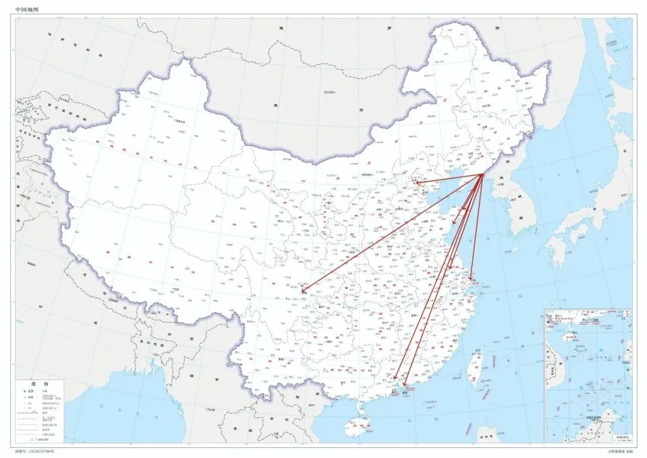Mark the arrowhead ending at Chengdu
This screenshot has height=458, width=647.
coord(303,291)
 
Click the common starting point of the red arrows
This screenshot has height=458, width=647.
coord(483,174)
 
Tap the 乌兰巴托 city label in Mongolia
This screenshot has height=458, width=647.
coord(328,92)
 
